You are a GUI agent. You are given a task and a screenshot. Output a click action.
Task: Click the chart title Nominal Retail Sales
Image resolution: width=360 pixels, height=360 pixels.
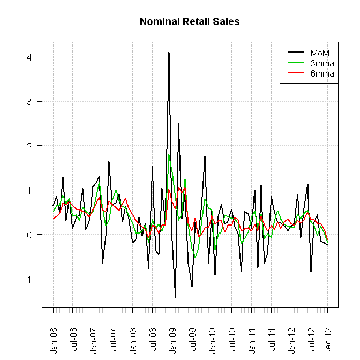click(189, 22)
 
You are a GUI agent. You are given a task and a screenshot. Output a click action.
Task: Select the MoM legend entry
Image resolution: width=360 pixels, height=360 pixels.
click(319, 52)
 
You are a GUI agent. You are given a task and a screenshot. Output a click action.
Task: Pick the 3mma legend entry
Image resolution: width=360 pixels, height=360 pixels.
click(322, 63)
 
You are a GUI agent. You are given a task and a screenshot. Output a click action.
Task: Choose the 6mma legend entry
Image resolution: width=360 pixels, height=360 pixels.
click(322, 73)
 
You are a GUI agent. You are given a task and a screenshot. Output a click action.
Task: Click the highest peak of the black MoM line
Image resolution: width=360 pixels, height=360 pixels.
click(169, 52)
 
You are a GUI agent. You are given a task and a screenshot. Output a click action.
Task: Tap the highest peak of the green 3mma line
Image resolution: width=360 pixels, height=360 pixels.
click(169, 155)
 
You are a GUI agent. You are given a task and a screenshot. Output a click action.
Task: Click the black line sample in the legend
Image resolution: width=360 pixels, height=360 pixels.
click(296, 52)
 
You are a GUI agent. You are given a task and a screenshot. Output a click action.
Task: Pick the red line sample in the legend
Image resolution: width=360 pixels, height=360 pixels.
click(296, 73)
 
